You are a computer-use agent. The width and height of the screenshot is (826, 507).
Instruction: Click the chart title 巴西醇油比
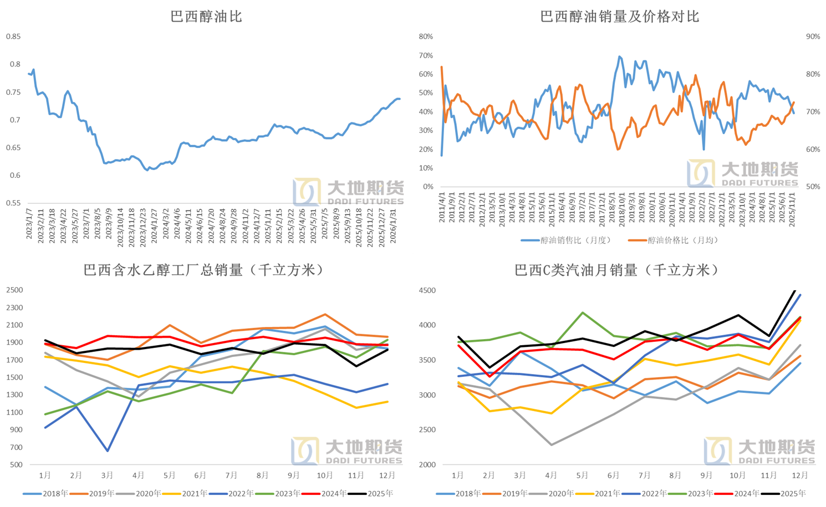[206, 17]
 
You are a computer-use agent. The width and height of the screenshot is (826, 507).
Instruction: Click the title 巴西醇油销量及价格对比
[620, 17]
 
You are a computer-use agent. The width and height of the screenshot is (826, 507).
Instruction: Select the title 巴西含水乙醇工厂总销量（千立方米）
[205, 270]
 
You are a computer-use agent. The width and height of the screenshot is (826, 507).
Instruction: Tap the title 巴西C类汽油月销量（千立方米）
[618, 270]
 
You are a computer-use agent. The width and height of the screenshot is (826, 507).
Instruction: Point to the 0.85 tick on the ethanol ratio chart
[13, 37]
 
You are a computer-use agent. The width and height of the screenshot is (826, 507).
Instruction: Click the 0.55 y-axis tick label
[13, 203]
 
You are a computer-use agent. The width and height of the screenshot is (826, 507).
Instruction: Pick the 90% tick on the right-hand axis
[813, 37]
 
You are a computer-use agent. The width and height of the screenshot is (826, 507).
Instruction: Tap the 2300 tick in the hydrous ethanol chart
[15, 308]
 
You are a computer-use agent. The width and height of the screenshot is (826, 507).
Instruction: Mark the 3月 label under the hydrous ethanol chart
[107, 475]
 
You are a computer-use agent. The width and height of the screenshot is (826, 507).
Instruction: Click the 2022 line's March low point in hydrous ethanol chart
[108, 451]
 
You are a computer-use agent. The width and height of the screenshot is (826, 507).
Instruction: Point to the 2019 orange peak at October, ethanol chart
[325, 315]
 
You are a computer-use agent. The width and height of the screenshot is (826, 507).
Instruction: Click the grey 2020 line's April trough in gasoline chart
[551, 444]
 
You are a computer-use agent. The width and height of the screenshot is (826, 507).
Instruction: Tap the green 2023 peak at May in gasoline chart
[582, 313]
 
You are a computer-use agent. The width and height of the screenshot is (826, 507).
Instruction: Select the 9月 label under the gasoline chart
[706, 475]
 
